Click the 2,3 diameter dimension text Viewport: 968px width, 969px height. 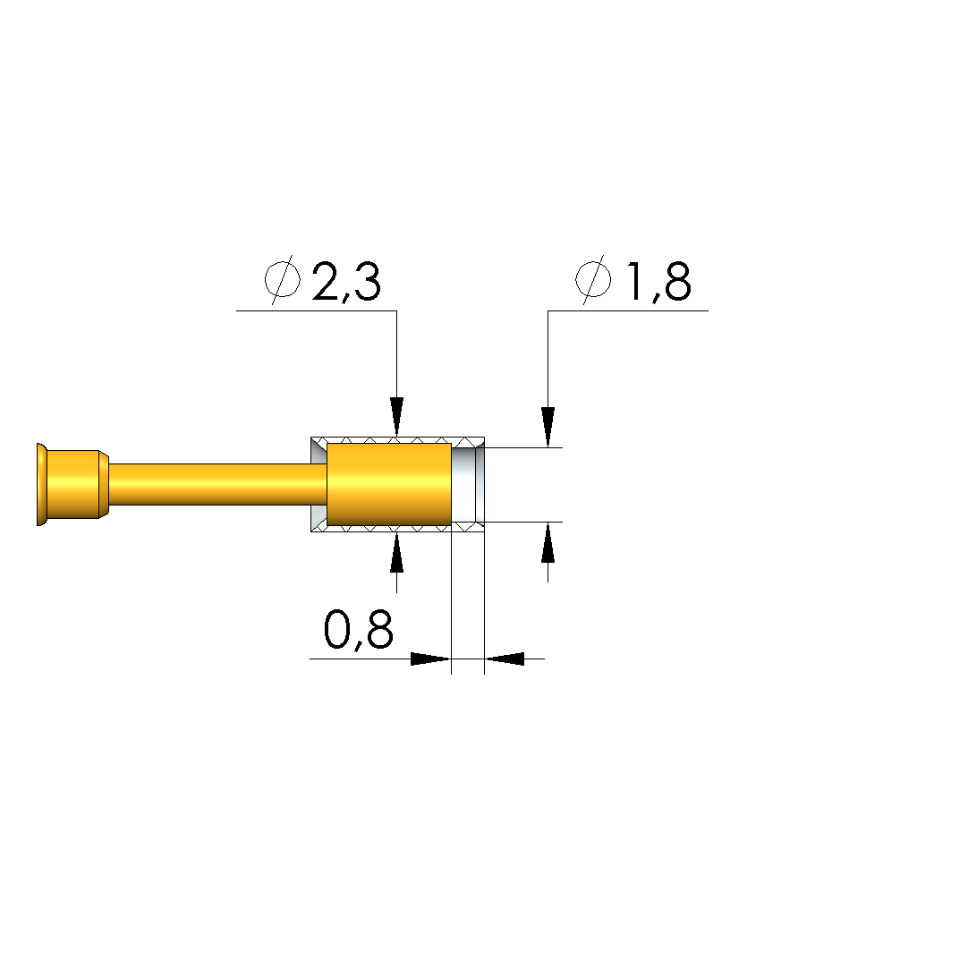pyautogui.click(x=346, y=282)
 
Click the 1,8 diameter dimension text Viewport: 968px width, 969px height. pyautogui.click(x=658, y=282)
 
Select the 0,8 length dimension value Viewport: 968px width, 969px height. pyautogui.click(x=358, y=631)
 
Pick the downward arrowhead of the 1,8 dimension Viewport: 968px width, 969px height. pyautogui.click(x=548, y=427)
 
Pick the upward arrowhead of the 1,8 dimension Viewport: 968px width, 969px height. pyautogui.click(x=548, y=542)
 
